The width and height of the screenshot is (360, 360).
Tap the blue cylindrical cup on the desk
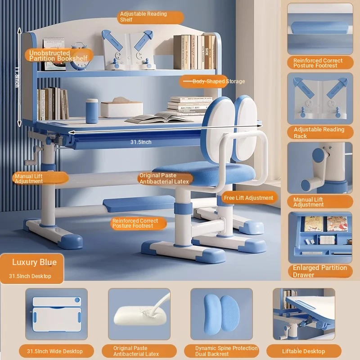(92, 111)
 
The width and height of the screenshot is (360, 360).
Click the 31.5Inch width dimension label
(141, 142)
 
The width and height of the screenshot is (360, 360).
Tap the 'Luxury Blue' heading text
(35, 262)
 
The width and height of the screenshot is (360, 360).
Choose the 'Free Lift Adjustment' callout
(249, 198)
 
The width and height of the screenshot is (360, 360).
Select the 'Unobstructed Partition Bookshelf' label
(58, 56)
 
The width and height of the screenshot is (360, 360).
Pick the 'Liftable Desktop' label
(303, 351)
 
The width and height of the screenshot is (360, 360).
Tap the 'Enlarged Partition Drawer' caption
(320, 271)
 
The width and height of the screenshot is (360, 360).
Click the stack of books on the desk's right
(189, 106)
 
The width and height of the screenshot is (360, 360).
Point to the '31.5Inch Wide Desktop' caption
(55, 351)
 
